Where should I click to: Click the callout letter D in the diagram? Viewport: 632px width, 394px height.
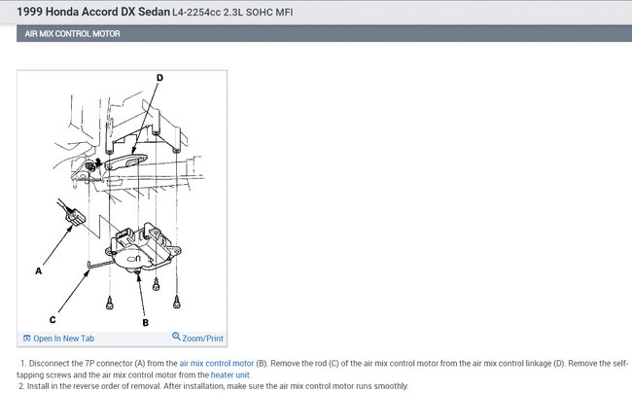[160, 78]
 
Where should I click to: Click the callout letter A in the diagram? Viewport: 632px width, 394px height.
[38, 271]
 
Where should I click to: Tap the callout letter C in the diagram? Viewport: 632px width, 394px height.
[53, 320]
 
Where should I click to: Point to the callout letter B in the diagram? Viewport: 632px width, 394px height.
[146, 323]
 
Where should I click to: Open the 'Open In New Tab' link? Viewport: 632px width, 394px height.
[63, 339]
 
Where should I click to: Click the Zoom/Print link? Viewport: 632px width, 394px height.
[203, 339]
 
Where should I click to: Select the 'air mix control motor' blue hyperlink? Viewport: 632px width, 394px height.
[217, 363]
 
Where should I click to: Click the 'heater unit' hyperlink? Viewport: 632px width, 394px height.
[229, 375]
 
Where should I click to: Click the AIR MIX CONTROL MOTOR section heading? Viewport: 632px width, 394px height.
[73, 34]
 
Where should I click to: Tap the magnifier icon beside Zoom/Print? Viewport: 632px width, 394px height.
[176, 337]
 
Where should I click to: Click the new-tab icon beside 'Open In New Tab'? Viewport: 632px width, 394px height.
[27, 339]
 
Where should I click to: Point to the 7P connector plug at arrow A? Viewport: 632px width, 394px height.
[76, 217]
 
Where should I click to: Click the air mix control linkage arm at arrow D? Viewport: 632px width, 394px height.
[125, 161]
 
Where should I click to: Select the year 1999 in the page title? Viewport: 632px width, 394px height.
[29, 12]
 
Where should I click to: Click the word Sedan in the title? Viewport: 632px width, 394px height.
[154, 12]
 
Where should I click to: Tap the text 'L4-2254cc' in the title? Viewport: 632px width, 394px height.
[196, 13]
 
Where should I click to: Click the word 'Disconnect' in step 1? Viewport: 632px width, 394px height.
[50, 363]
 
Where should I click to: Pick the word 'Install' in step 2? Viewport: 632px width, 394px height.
[38, 386]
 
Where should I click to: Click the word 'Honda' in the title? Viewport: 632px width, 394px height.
[62, 12]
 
